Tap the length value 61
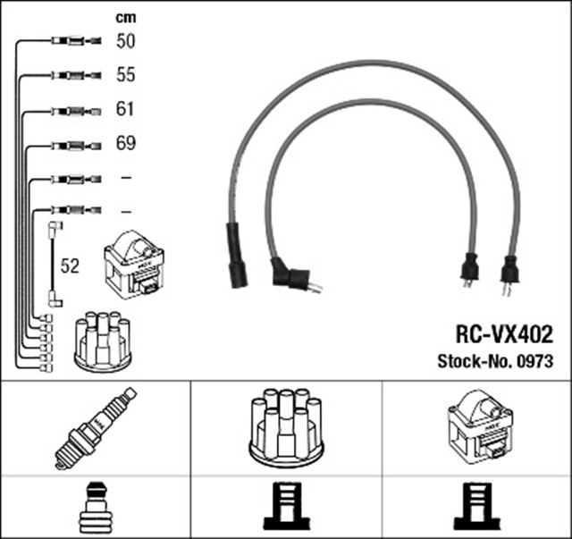click(x=125, y=110)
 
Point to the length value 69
click(x=125, y=143)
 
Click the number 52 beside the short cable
click(x=70, y=265)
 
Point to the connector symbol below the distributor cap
click(x=285, y=506)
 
